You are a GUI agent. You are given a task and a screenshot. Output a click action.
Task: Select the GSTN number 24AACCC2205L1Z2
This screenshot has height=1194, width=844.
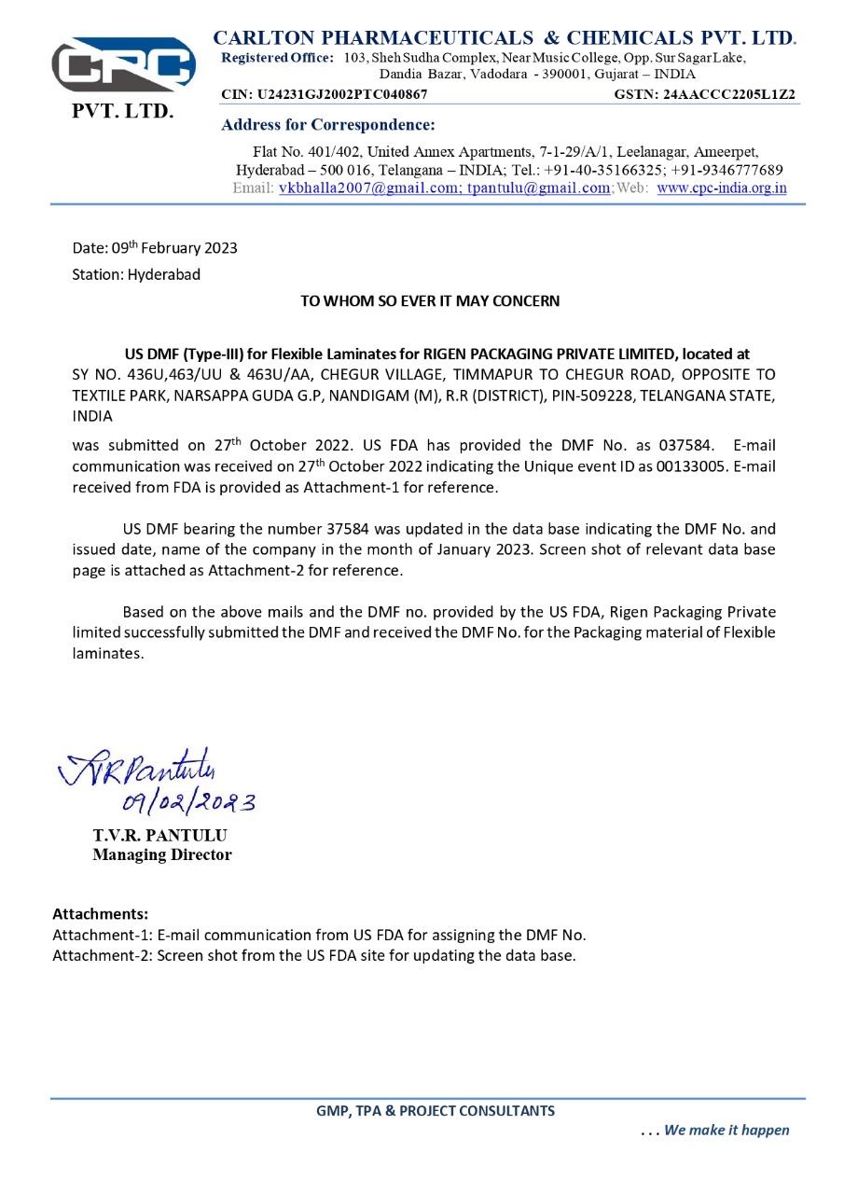point(730,94)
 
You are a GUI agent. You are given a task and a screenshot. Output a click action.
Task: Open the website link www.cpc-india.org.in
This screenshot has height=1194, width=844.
point(721,187)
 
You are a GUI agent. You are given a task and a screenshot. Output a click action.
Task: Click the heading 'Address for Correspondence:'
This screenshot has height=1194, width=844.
point(328,125)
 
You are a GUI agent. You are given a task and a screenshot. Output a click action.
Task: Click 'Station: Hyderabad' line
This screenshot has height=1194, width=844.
point(136,274)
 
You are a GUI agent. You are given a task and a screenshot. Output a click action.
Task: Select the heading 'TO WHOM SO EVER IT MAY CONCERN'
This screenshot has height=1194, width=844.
point(430,301)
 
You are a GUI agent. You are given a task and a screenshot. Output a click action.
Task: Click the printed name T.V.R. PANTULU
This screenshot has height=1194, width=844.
point(159,835)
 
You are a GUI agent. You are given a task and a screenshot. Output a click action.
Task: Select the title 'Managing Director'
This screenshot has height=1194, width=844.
point(162,854)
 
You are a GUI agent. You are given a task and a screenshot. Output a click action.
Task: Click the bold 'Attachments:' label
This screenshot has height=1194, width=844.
point(100,913)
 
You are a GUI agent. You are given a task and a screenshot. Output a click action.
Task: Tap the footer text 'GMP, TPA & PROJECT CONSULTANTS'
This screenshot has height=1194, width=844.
point(436,1111)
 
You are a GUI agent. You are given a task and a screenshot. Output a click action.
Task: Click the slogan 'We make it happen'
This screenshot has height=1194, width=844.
point(726,1131)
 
